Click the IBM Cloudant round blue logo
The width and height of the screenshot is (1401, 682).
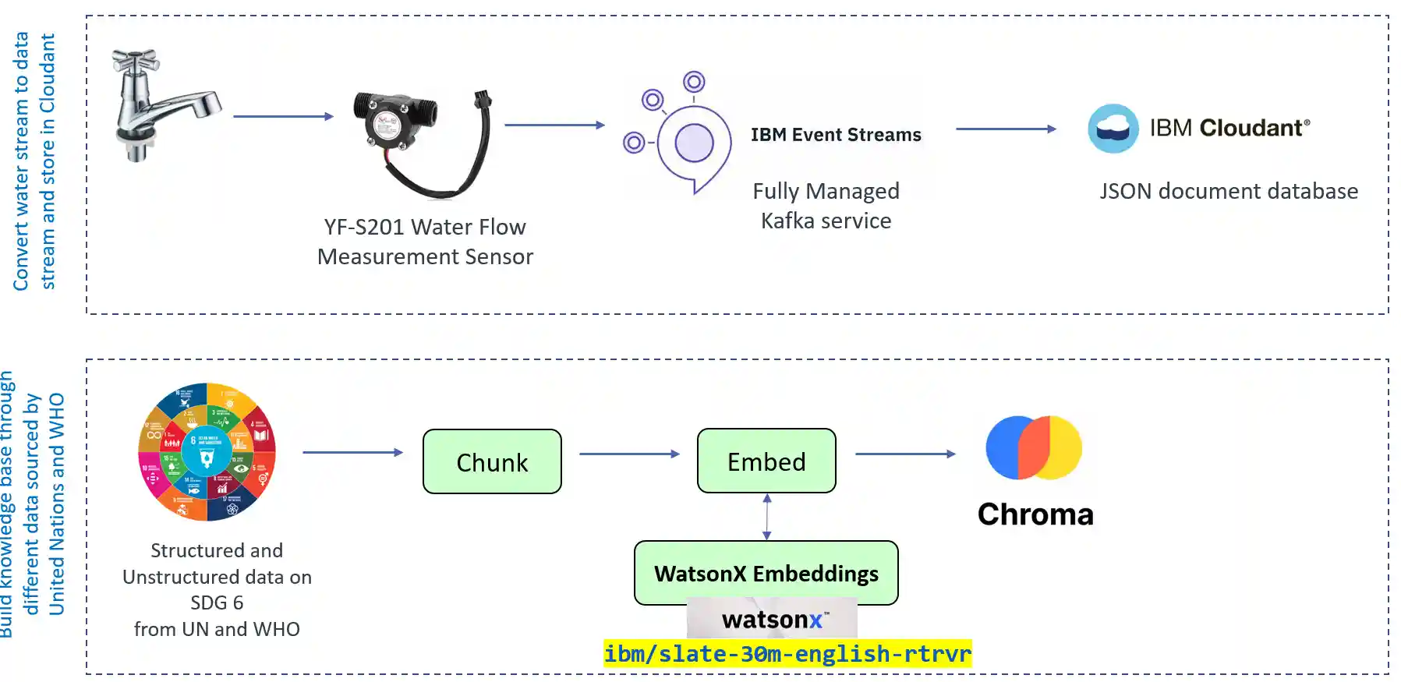coord(1113,129)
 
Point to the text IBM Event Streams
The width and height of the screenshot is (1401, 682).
coord(836,135)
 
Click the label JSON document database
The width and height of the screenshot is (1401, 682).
coord(1229,191)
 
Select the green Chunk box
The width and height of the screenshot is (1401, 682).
coord(492,461)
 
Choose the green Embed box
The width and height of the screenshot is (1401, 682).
coord(766,461)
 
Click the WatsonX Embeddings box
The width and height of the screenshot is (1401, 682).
coord(766,573)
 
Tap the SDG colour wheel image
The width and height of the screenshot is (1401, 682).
coord(207,451)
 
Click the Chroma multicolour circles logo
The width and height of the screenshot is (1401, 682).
coord(1034,447)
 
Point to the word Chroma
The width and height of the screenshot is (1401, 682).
coord(1035,514)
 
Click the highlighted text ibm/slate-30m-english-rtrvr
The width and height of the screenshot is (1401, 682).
coord(787,653)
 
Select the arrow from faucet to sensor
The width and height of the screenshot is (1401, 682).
coord(283,116)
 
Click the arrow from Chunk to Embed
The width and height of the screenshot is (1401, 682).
coord(629,454)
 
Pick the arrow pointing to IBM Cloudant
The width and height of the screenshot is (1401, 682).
coord(1006,129)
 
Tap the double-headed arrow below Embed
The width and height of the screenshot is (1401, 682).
coord(767,517)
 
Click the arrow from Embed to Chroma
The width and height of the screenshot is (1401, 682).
coord(905,454)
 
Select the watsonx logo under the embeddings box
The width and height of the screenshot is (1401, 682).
coord(772,620)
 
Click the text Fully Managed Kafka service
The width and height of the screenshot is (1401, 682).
coord(826,206)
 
